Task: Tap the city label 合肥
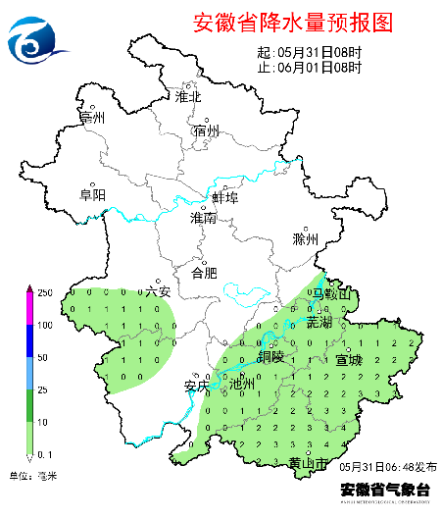[x=204, y=272]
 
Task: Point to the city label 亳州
[x=92, y=118]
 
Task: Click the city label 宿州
[x=207, y=130]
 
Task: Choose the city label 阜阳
[x=92, y=194]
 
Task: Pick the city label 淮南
[x=204, y=219]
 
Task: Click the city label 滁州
[x=306, y=239]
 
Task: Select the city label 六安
[x=158, y=291]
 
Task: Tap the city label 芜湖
[x=319, y=322]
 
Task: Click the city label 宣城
[x=349, y=359]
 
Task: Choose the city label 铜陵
[x=271, y=356]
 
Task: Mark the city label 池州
[x=241, y=385]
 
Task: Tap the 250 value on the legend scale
[x=44, y=293]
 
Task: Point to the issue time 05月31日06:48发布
[x=389, y=466]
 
